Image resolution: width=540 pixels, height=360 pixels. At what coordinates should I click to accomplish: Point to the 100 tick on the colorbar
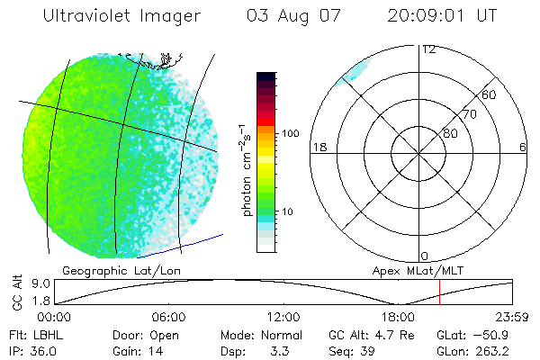pos(291,133)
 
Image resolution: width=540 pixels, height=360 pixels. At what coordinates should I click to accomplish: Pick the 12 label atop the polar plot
pos(428,49)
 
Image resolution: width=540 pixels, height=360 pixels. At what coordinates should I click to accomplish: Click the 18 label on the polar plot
pos(318,147)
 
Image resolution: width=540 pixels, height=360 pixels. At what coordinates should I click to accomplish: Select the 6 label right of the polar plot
pos(523,147)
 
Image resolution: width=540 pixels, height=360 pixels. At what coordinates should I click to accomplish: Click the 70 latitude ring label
pos(469,114)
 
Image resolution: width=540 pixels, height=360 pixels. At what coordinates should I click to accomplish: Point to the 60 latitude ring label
pos(489,94)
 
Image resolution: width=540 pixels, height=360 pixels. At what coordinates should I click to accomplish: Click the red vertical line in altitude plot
pos(439,292)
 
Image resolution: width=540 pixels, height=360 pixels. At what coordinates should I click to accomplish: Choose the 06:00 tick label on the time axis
pos(168,318)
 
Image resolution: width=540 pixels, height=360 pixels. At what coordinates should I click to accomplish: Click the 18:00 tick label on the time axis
pos(398,318)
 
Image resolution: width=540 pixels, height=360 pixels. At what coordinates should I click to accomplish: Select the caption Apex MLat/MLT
pos(410,269)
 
